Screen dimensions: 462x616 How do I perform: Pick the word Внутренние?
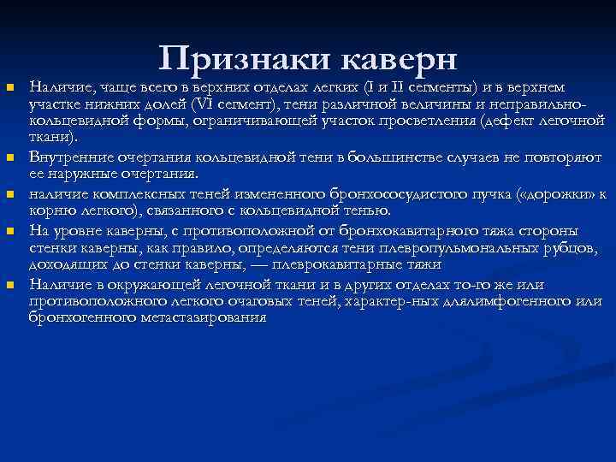click(x=65, y=157)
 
